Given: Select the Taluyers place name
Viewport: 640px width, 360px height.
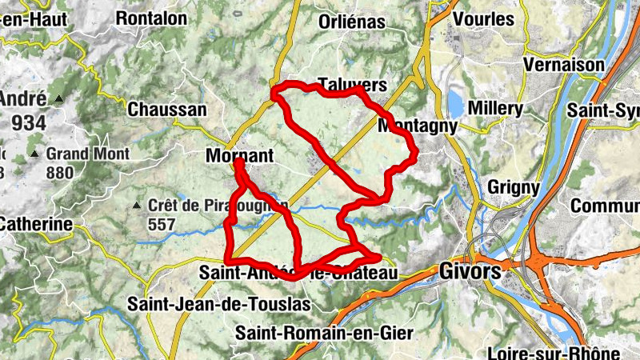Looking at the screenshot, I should pyautogui.click(x=352, y=85).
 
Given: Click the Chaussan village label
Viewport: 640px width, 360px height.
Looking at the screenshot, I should pyautogui.click(x=167, y=110).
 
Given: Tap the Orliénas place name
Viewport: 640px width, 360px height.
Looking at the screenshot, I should pyautogui.click(x=352, y=22).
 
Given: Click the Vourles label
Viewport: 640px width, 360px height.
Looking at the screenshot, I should pyautogui.click(x=482, y=17).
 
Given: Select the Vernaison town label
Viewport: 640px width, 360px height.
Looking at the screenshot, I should pyautogui.click(x=564, y=64).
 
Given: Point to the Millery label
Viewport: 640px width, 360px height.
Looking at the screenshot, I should pyautogui.click(x=496, y=108).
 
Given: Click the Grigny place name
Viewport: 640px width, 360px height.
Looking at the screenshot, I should pyautogui.click(x=513, y=187).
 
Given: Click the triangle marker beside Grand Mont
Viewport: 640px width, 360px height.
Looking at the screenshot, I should pyautogui.click(x=34, y=153).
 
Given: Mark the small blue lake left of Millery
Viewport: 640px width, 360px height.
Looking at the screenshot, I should pyautogui.click(x=455, y=103).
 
